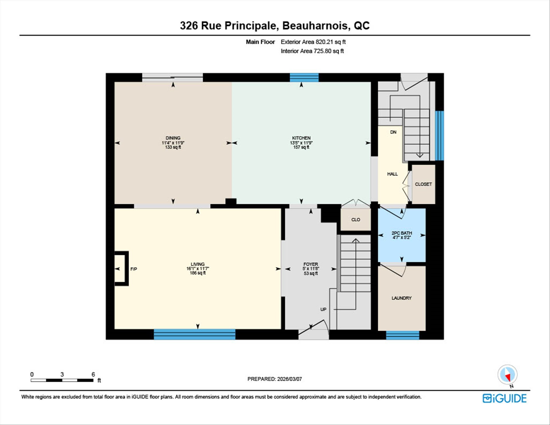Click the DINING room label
click(173, 138)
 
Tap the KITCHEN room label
click(301, 138)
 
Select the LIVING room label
click(198, 264)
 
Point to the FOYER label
click(311, 264)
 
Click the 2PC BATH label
click(402, 233)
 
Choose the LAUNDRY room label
click(401, 298)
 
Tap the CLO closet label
click(355, 220)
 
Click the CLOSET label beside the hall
click(423, 184)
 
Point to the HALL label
click(392, 174)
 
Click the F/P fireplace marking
click(133, 269)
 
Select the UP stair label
click(323, 310)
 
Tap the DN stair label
click(393, 132)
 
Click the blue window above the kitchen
click(304, 78)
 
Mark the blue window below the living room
click(195, 334)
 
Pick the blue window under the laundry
click(402, 335)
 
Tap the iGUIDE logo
click(504, 398)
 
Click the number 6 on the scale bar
click(93, 374)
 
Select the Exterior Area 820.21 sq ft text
click(313, 42)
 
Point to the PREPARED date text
click(274, 379)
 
